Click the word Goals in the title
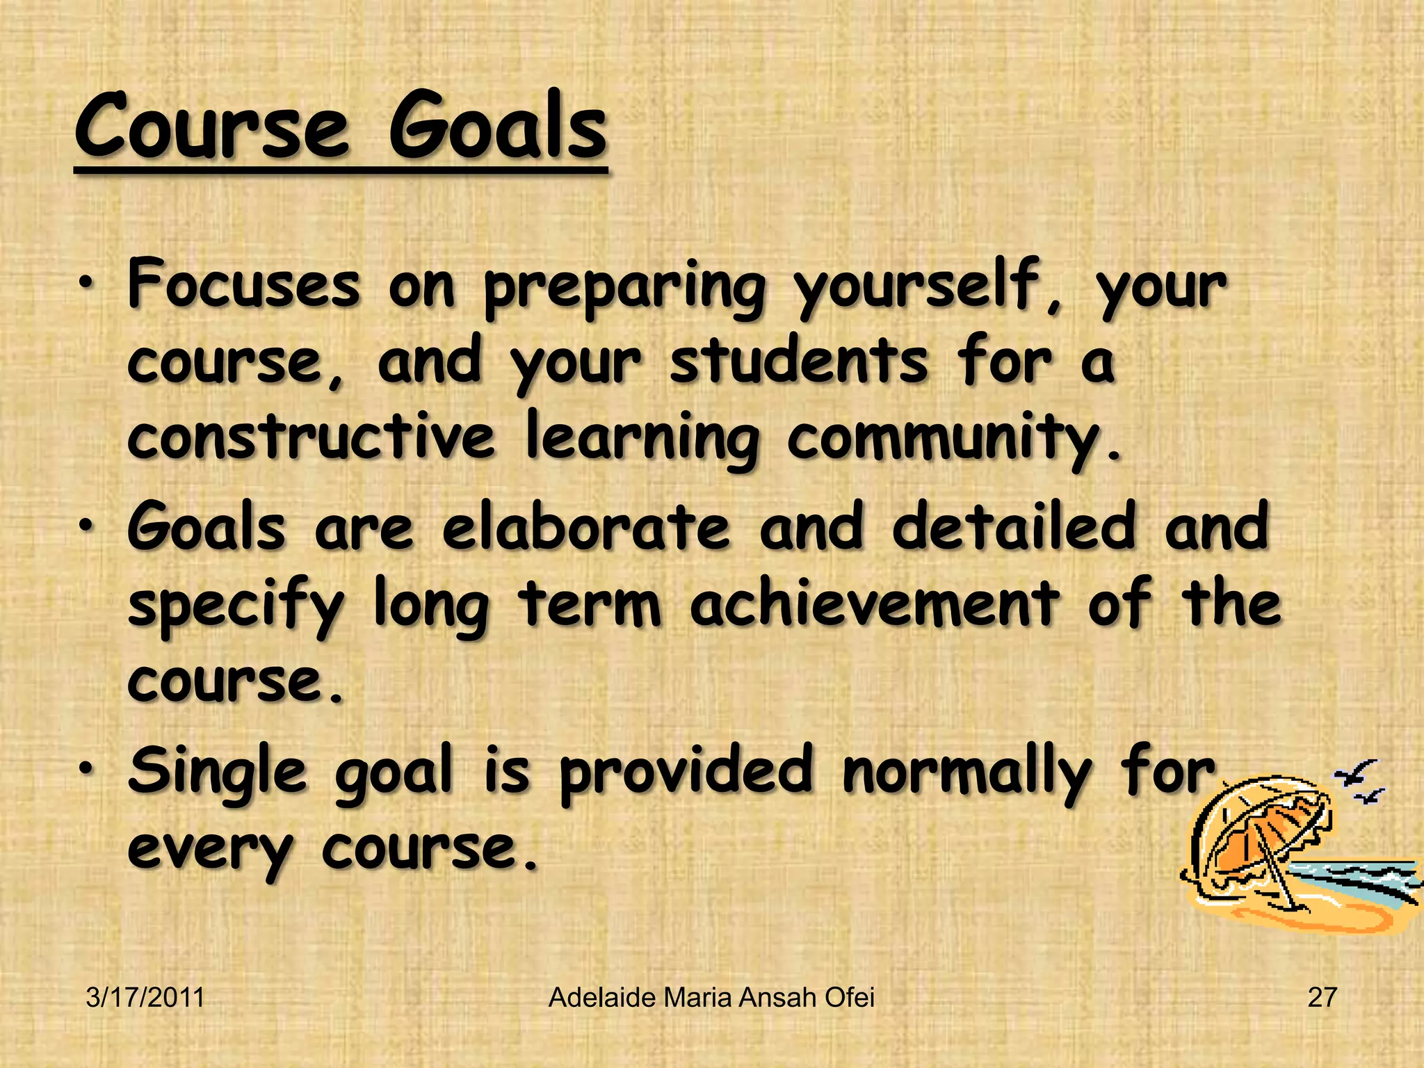point(497,127)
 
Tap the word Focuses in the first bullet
point(244,284)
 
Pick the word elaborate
point(586,527)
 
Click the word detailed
point(1014,527)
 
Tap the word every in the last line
point(210,850)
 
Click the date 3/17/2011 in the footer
point(145,998)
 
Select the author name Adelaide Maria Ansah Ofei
point(711,998)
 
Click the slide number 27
point(1322,998)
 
